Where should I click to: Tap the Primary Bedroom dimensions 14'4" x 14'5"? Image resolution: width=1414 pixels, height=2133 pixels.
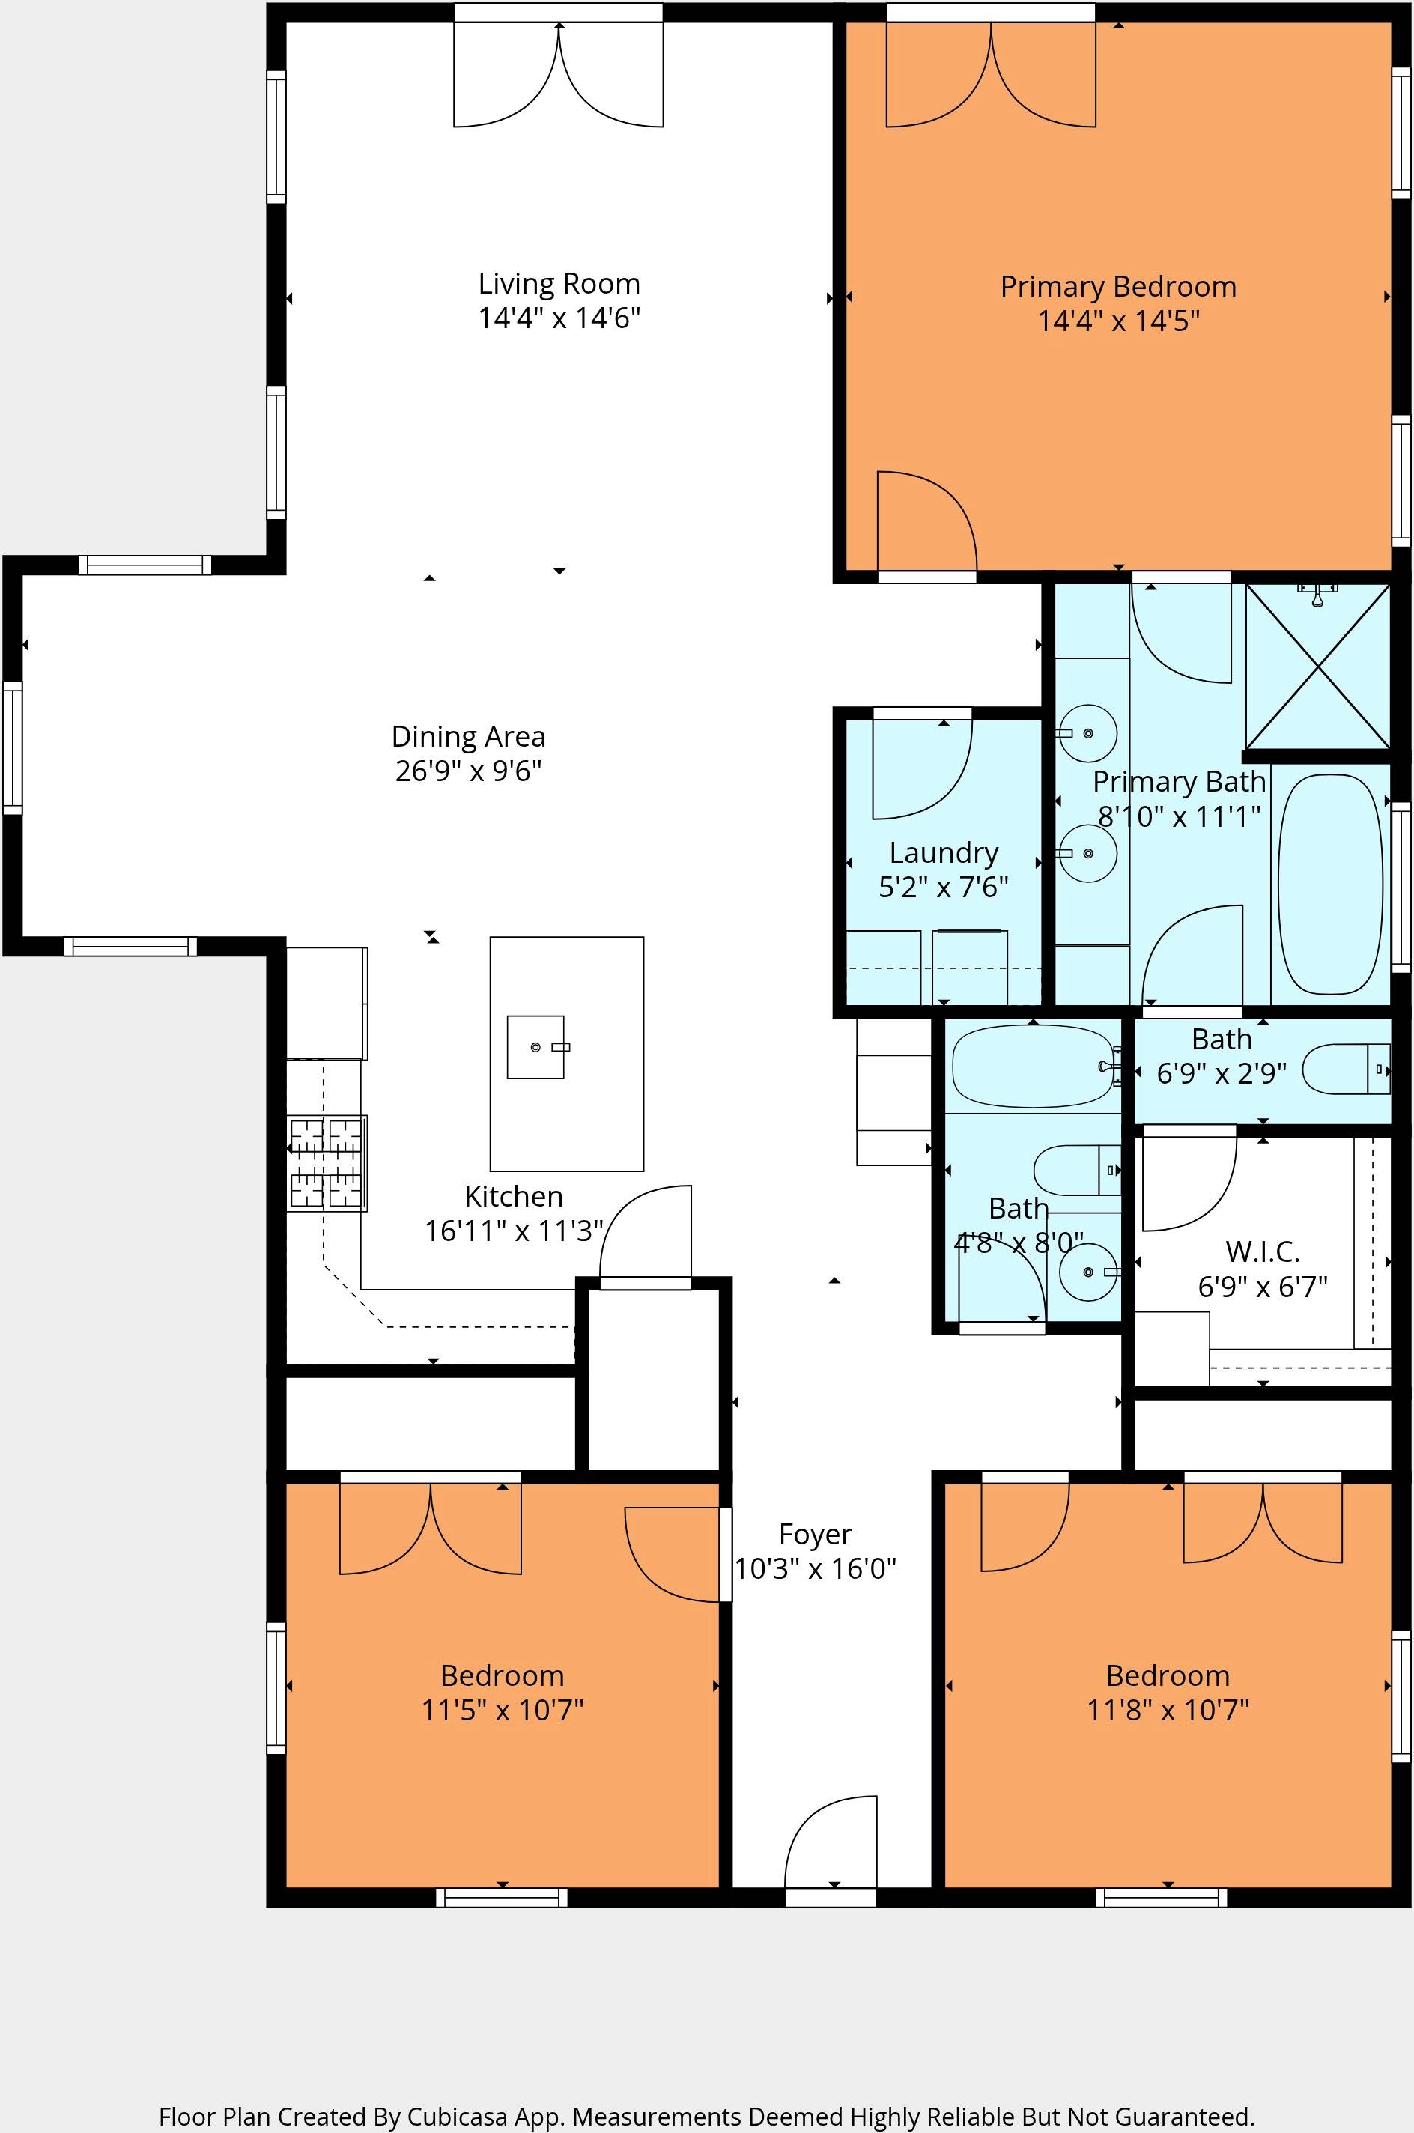[x=1118, y=321]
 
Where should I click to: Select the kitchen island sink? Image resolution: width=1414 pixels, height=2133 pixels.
[x=535, y=1047]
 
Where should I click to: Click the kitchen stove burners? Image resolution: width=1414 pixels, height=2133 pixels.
[x=326, y=1163]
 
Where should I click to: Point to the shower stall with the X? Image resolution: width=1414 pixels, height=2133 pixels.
[x=1317, y=667]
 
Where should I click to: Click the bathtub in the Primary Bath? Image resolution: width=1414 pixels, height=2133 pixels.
[x=1330, y=884]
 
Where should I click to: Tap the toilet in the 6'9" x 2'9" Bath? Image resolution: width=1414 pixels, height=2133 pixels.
[x=1345, y=1069]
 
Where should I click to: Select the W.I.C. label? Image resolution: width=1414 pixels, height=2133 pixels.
[x=1262, y=1251]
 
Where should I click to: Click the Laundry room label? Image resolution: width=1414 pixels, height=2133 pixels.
[x=943, y=853]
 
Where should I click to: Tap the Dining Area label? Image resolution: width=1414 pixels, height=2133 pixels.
[x=468, y=736]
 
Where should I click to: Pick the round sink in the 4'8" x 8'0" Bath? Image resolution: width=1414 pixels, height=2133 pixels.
[x=1087, y=1271]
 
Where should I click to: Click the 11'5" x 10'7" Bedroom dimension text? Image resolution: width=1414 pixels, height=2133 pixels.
[x=503, y=1710]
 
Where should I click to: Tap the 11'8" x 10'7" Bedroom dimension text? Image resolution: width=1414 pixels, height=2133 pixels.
[x=1168, y=1710]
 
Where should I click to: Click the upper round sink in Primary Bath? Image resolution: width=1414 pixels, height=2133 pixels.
[x=1087, y=733]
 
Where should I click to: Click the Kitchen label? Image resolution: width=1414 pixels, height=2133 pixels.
[x=513, y=1196]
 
